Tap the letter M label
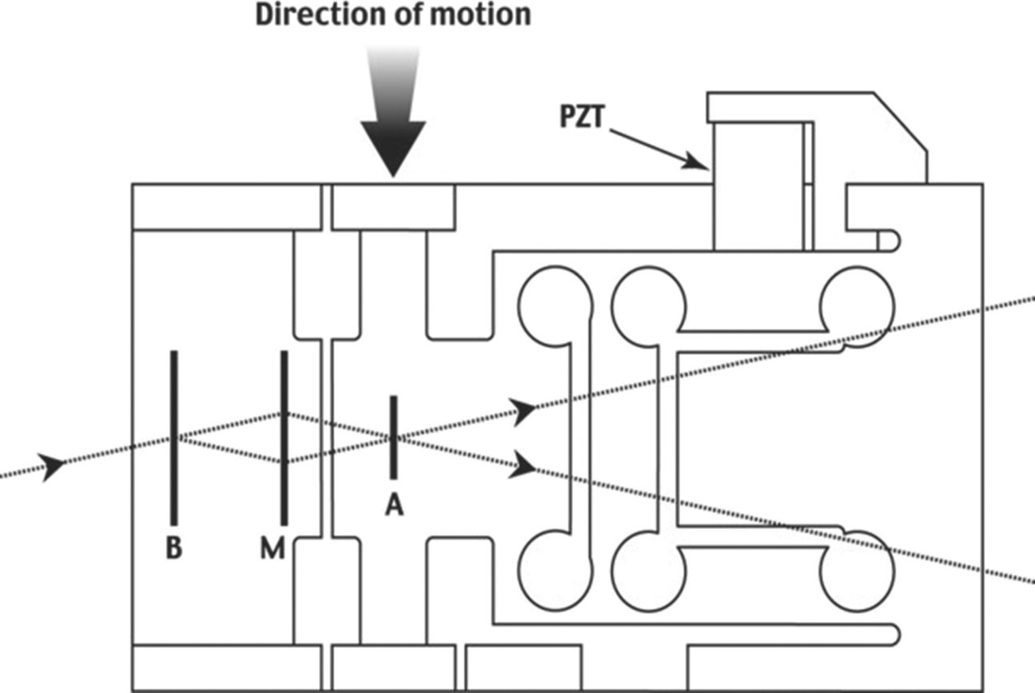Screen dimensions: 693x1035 [x=273, y=549]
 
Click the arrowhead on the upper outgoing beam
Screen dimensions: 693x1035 [x=524, y=410]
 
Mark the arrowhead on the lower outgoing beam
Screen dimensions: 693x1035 [x=524, y=464]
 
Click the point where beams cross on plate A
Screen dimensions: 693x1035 [x=392, y=437]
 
